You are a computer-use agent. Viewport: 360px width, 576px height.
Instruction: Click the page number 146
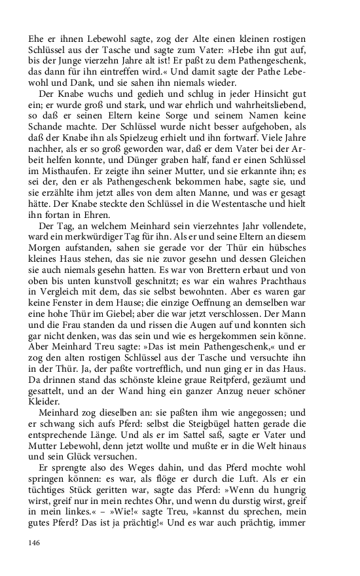click(34, 543)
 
